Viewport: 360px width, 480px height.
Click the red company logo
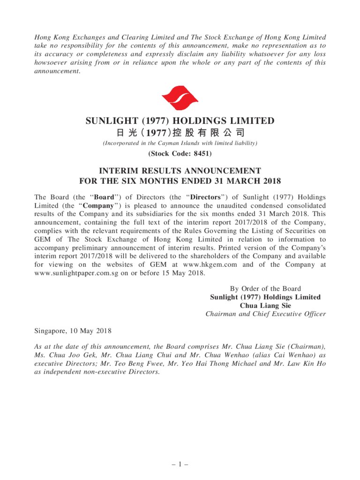(x=180, y=98)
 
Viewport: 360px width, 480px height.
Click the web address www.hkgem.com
(x=210, y=265)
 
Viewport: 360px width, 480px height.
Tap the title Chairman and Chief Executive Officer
(x=265, y=314)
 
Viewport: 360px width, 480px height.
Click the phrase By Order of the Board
(x=265, y=289)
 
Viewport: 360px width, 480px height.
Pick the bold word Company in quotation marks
(x=98, y=206)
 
